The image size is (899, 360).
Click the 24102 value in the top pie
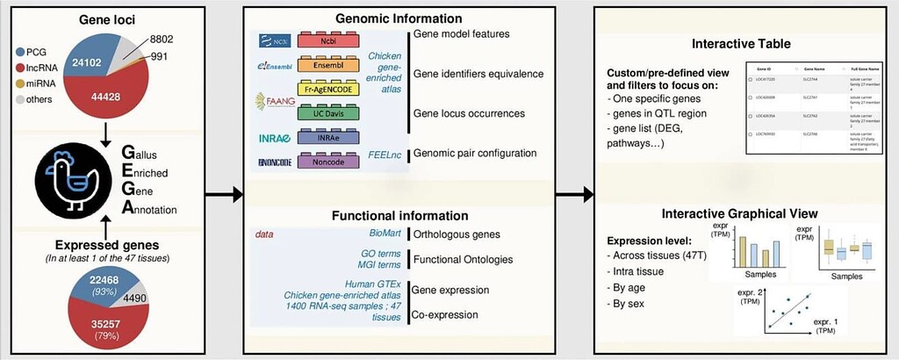[x=89, y=63]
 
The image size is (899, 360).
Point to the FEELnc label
[x=384, y=153]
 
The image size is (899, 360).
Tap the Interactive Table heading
[x=741, y=44]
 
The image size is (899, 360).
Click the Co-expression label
[x=450, y=313]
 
